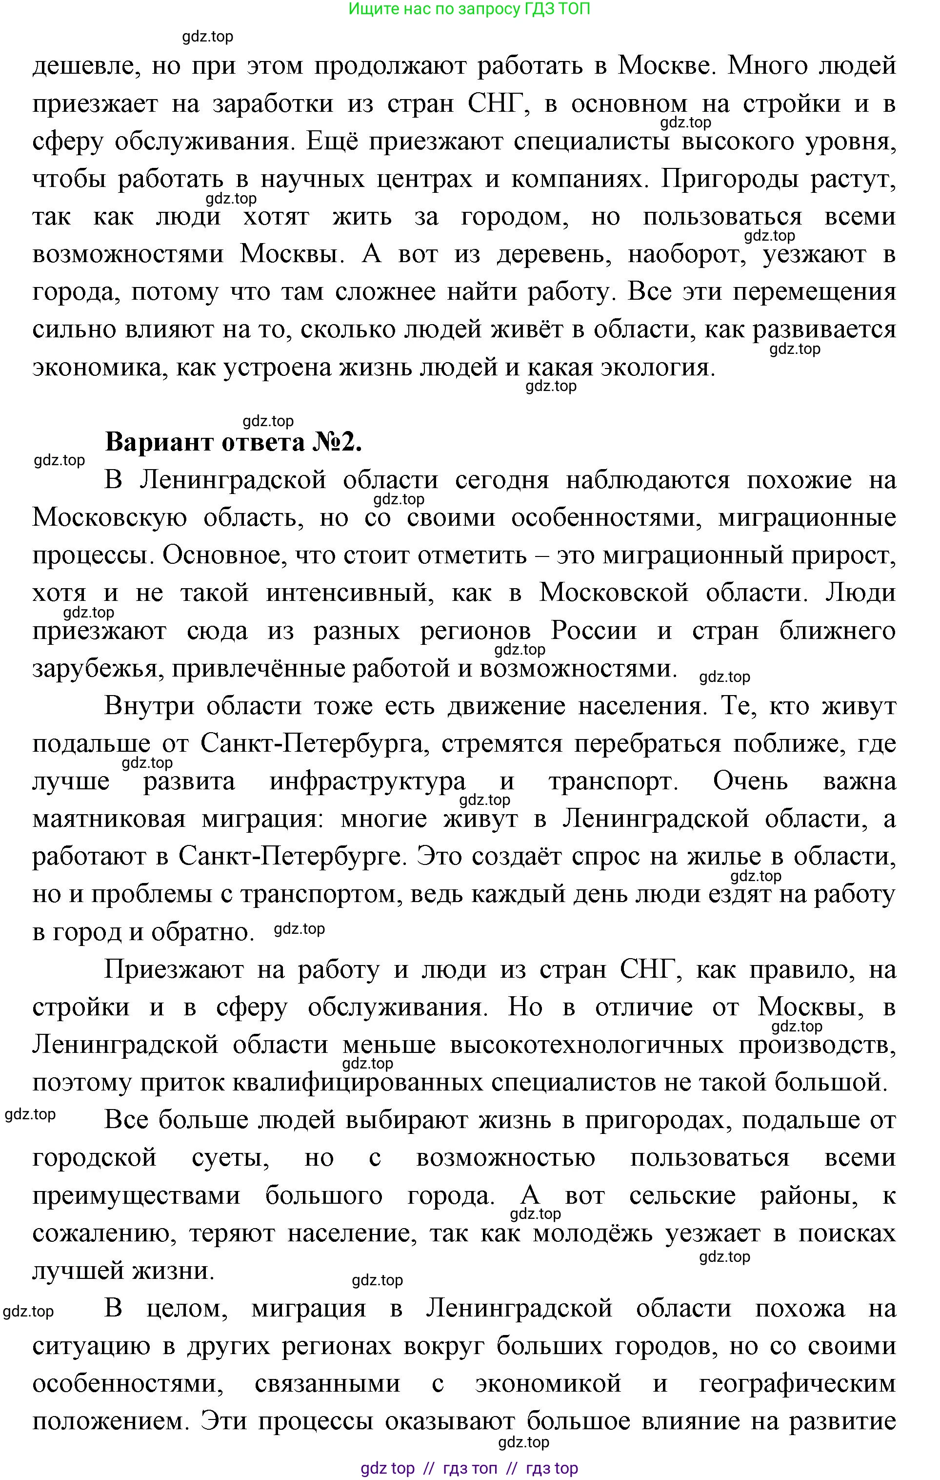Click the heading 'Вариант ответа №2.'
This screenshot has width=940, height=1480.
(x=234, y=442)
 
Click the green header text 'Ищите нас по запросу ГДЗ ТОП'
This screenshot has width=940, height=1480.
(x=469, y=9)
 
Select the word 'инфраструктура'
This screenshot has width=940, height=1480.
(x=367, y=782)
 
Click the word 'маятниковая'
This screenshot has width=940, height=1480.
(x=109, y=819)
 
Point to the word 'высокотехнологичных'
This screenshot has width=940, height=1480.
(x=587, y=1046)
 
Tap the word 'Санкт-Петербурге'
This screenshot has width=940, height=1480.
(x=289, y=857)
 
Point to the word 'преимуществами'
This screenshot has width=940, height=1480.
(x=135, y=1196)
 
